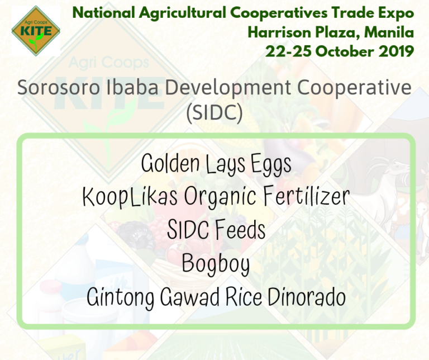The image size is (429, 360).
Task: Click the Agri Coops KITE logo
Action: (36, 31)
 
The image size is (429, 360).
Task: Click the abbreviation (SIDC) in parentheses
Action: (214, 112)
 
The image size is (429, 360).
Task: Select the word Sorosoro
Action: (59, 88)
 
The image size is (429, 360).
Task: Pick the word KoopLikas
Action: (130, 197)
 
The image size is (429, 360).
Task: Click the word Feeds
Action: (240, 229)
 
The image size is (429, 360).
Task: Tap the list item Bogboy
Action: (216, 264)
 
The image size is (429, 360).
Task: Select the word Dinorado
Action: (307, 297)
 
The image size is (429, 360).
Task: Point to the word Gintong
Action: (121, 298)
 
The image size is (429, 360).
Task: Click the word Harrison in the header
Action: (280, 32)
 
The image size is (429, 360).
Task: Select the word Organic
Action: (220, 197)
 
